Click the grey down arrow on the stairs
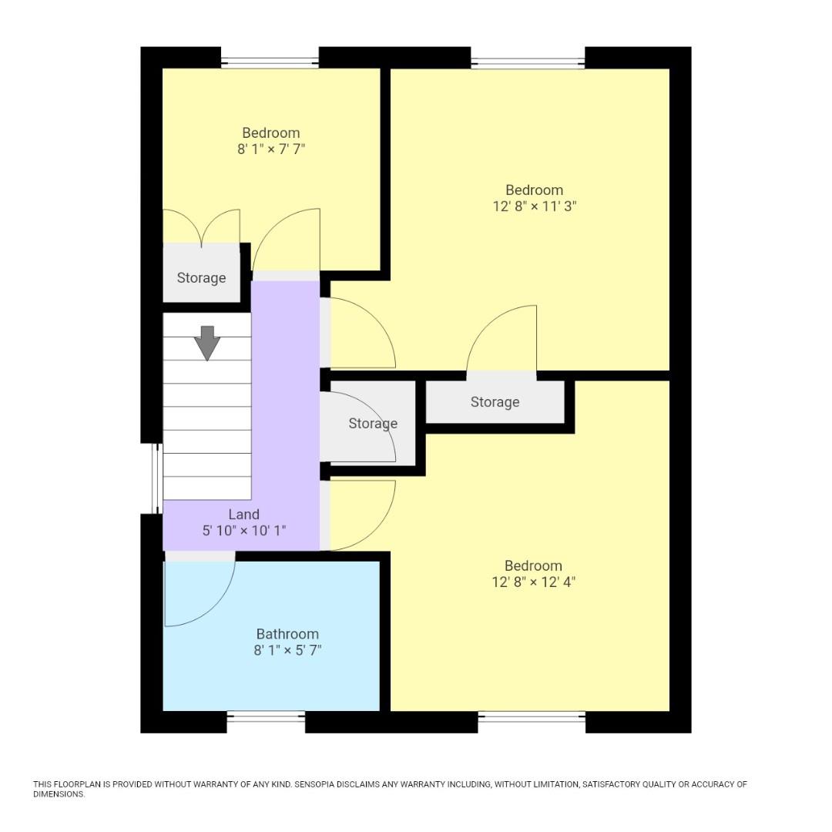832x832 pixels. click(206, 343)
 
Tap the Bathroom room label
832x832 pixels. click(287, 634)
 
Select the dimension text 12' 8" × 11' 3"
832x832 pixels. click(534, 206)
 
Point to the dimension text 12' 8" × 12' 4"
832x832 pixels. click(533, 582)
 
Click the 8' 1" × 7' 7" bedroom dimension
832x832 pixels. click(270, 149)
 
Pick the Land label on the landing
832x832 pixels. click(243, 515)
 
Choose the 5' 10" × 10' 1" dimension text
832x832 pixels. click(243, 531)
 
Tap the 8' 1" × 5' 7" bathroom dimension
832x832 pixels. click(287, 650)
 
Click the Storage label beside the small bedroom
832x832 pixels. click(201, 278)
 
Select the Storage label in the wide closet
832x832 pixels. click(495, 402)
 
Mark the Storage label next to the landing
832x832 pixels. click(373, 424)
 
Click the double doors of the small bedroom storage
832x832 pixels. click(201, 228)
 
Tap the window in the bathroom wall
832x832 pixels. click(266, 717)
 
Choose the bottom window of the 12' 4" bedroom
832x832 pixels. click(532, 717)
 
